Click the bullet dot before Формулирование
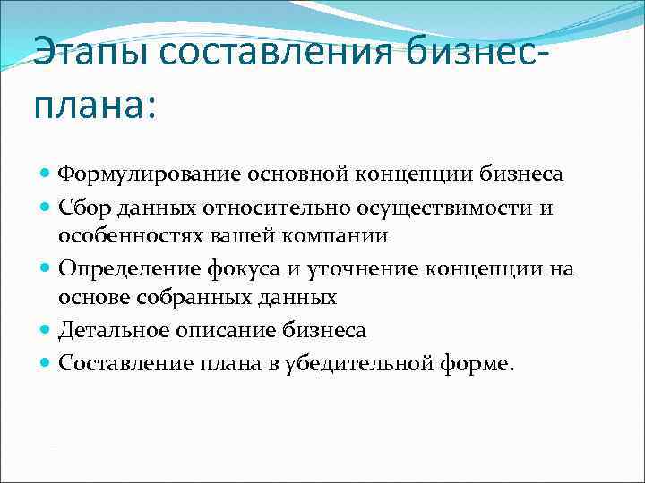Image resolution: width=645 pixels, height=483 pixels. [46, 173]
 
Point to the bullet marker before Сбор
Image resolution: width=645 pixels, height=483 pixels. [46, 208]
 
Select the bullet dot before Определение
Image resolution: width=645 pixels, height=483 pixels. [46, 269]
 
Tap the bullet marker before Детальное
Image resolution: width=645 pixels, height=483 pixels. [46, 330]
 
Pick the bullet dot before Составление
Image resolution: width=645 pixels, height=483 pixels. [46, 362]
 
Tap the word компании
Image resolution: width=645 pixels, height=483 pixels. [341, 236]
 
